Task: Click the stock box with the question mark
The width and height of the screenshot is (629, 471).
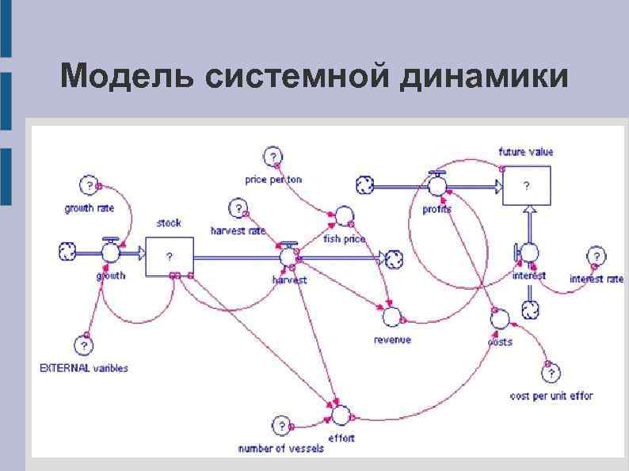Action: [170, 257]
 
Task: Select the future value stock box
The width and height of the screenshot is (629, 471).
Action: [527, 187]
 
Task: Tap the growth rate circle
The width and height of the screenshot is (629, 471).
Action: [90, 185]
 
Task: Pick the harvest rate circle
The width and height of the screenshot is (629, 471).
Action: [238, 208]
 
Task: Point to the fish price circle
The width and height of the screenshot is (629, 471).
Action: [344, 215]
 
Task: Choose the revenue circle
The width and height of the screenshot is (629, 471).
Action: [391, 317]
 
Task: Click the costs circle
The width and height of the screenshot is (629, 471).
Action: [499, 319]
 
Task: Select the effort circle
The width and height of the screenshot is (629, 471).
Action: [341, 415]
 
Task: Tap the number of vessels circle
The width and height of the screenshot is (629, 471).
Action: [280, 426]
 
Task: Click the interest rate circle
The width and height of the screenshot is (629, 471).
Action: [597, 256]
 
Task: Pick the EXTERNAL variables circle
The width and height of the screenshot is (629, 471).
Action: [84, 346]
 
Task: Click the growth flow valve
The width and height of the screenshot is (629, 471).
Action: [110, 252]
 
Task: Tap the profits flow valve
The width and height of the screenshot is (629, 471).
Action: [436, 185]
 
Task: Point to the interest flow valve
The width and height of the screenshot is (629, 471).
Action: [528, 253]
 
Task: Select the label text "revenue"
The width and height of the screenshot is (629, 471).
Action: [392, 340]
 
